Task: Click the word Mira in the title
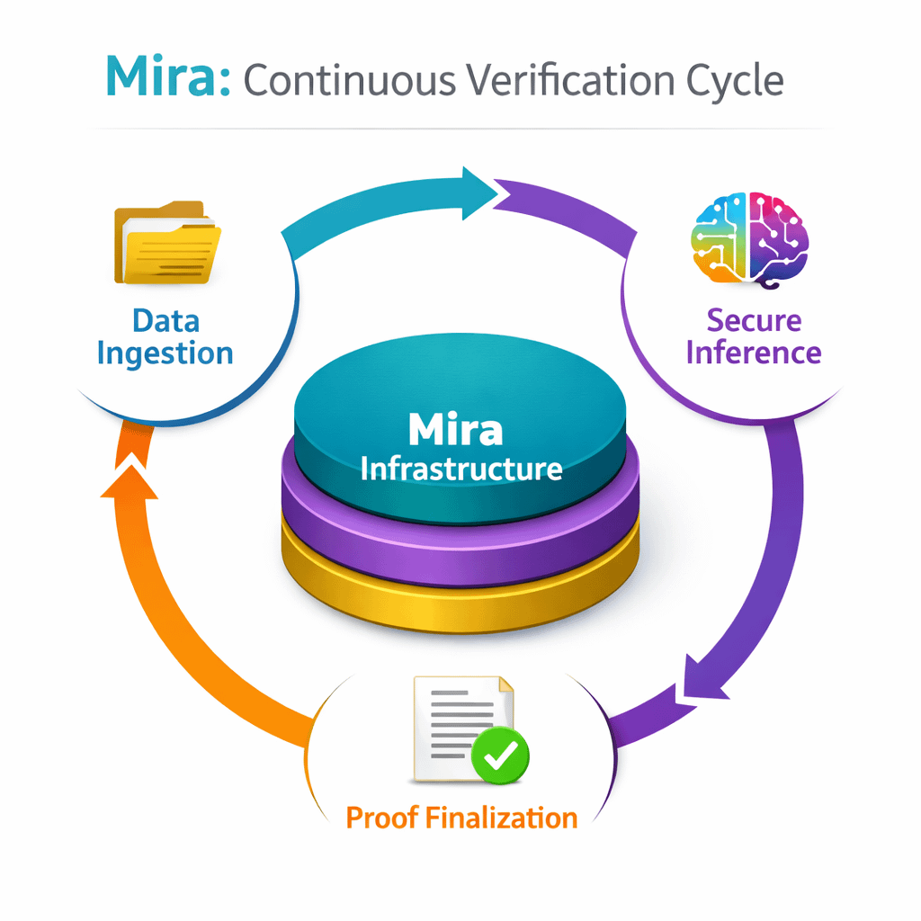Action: tap(167, 80)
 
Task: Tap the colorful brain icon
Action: tap(750, 238)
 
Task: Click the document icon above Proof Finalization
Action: tap(459, 724)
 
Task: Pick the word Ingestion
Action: tap(165, 353)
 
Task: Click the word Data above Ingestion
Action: tap(165, 320)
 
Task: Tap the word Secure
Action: tap(754, 320)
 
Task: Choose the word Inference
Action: tap(754, 352)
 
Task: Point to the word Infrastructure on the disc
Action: tap(460, 469)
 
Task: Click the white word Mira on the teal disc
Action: tap(455, 430)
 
